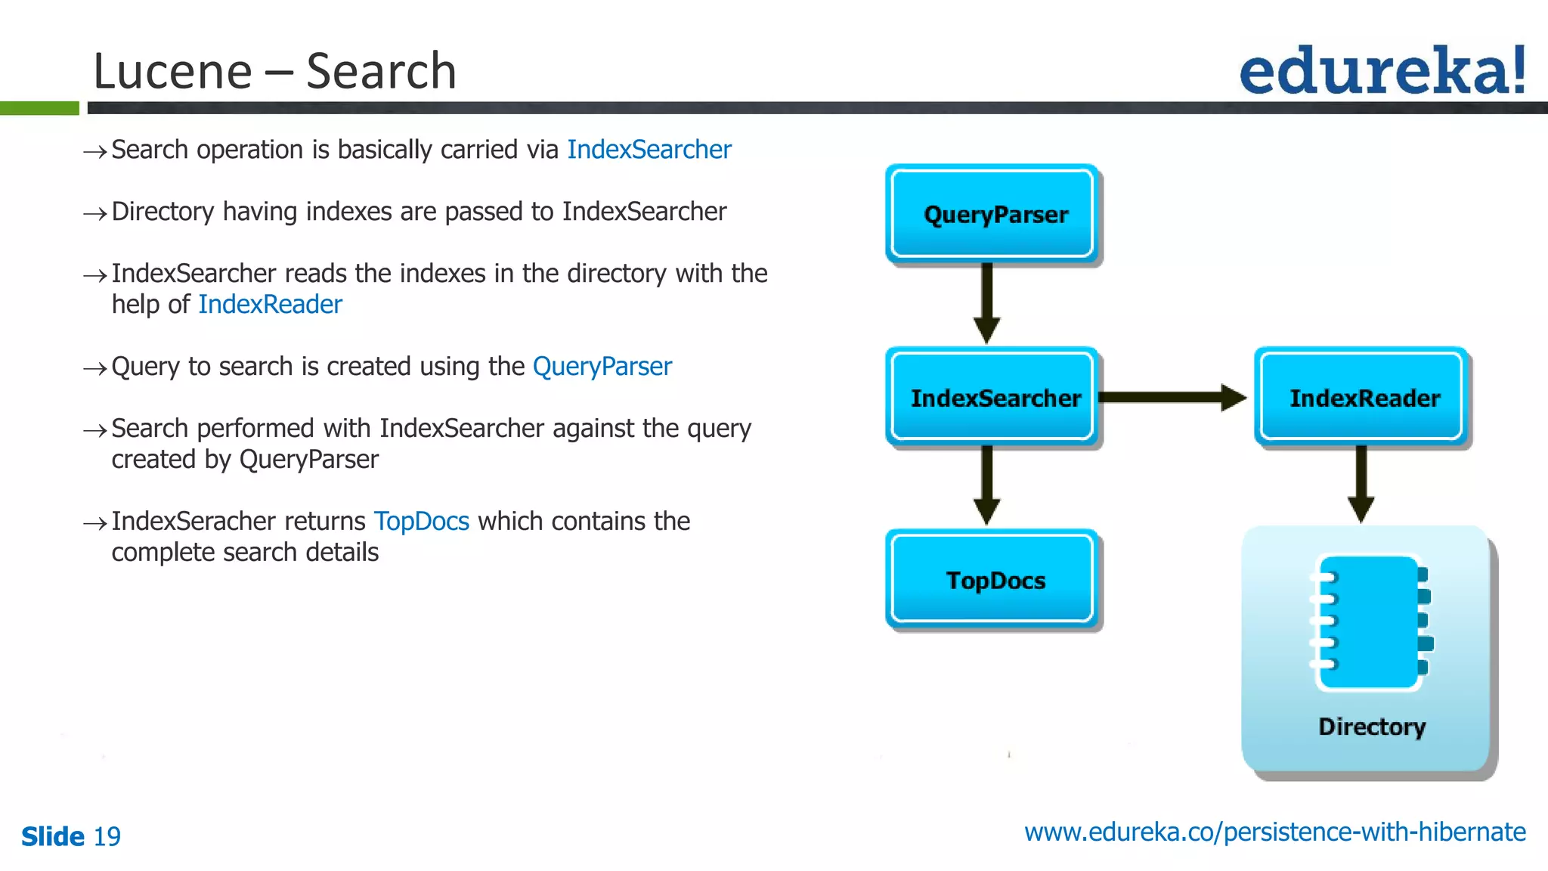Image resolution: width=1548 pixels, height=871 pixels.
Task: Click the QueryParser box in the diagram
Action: click(x=992, y=214)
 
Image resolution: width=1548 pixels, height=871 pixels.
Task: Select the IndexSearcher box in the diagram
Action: click(x=992, y=397)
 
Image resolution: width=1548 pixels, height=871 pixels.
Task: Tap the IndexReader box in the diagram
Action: click(x=1361, y=397)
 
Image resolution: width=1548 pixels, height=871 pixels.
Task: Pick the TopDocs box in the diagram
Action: click(x=992, y=580)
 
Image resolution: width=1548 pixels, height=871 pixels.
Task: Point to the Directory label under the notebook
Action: click(x=1371, y=726)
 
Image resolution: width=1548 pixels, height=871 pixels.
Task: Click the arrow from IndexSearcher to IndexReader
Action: click(x=1172, y=397)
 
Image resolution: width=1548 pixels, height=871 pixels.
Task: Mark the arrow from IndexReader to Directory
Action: click(x=1361, y=485)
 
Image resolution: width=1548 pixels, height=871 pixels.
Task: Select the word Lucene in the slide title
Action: click(x=172, y=72)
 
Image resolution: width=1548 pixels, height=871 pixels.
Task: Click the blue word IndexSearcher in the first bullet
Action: click(x=649, y=150)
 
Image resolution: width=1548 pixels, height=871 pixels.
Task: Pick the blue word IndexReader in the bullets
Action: click(x=270, y=304)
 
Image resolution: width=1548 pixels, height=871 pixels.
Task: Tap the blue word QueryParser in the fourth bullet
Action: click(x=602, y=367)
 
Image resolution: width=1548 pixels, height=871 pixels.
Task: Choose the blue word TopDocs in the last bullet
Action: click(x=421, y=521)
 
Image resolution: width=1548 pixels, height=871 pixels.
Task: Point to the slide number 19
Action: click(x=107, y=836)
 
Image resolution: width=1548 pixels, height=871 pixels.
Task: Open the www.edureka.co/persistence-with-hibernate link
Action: click(x=1274, y=832)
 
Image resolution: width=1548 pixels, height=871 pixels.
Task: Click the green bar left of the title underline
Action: click(x=39, y=108)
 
